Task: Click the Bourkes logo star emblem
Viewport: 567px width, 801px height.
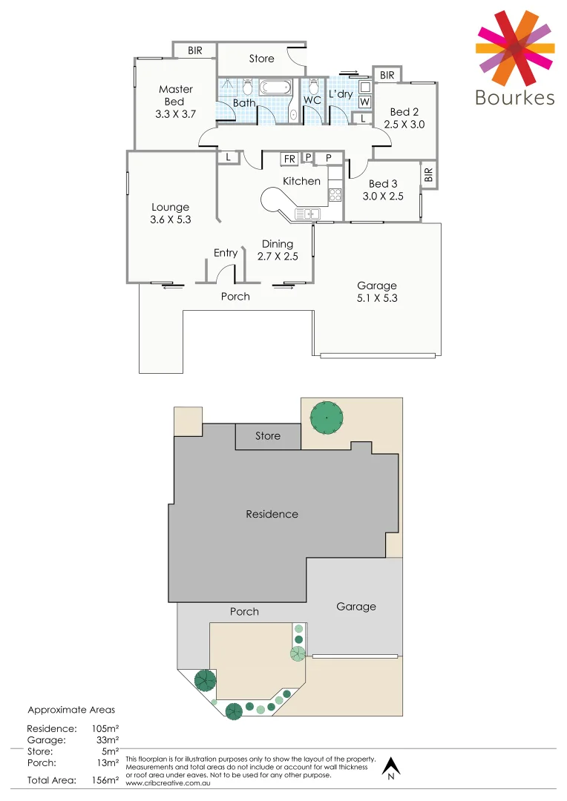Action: [514, 47]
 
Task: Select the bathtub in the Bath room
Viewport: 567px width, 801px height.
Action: [275, 88]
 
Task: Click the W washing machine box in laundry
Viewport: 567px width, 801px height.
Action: [364, 102]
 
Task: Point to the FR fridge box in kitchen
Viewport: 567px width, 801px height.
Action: [289, 159]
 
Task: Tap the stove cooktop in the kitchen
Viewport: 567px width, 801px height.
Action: [335, 195]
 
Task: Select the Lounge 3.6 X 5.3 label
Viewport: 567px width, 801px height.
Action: [171, 213]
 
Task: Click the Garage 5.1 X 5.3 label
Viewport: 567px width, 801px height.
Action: [377, 291]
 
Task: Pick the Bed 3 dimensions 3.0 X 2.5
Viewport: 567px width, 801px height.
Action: [383, 197]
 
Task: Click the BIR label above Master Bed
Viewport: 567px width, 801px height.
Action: [195, 50]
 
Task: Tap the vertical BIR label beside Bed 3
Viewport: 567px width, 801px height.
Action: [428, 175]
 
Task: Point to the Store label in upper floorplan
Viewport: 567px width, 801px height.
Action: [261, 59]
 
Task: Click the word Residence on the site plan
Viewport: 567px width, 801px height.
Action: [272, 514]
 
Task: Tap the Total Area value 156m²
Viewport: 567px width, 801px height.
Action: [105, 779]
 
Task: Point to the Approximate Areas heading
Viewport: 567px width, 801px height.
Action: [71, 710]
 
